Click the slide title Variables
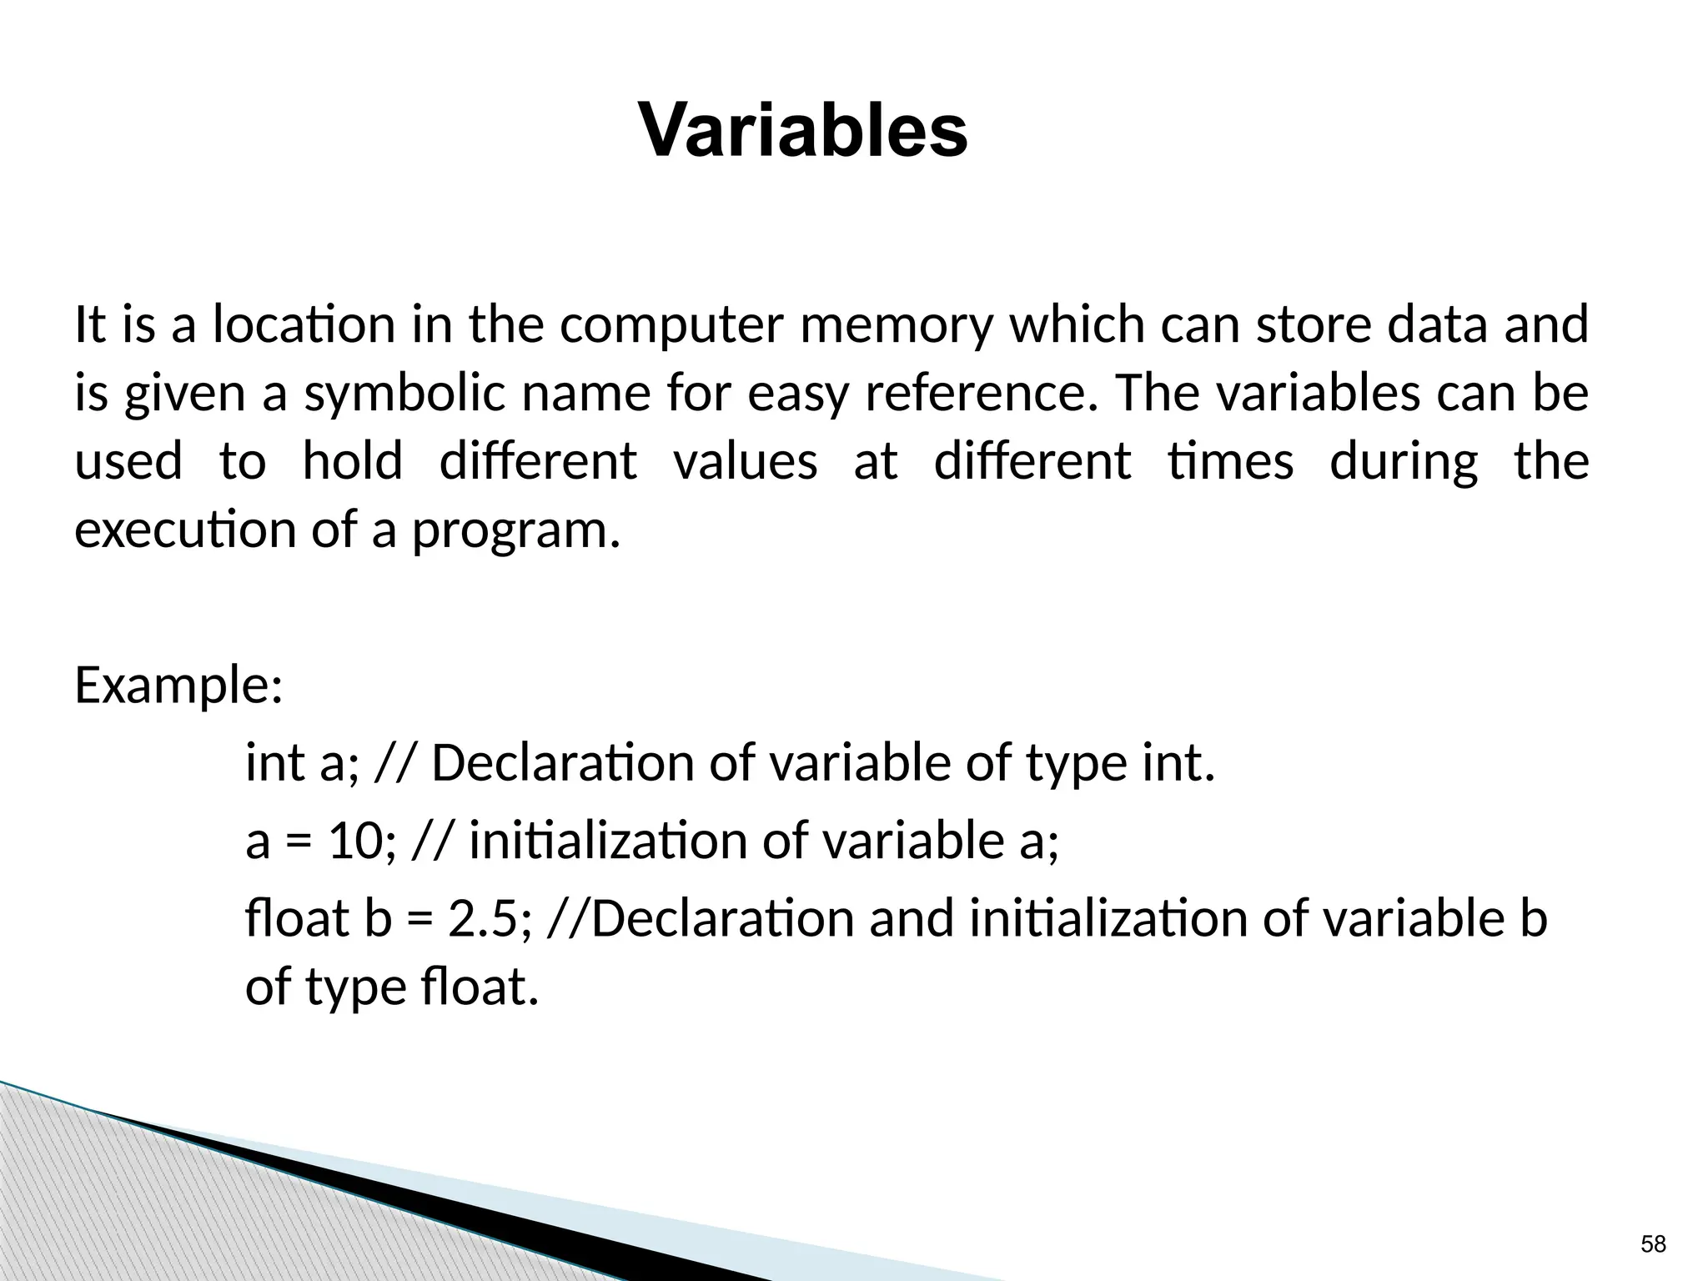[x=802, y=132]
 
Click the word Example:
[x=179, y=686]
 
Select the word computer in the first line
[x=671, y=325]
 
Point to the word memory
[x=897, y=327]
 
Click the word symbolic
[x=404, y=394]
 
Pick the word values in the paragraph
[x=745, y=461]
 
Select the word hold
[x=352, y=461]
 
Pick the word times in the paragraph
[x=1230, y=461]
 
